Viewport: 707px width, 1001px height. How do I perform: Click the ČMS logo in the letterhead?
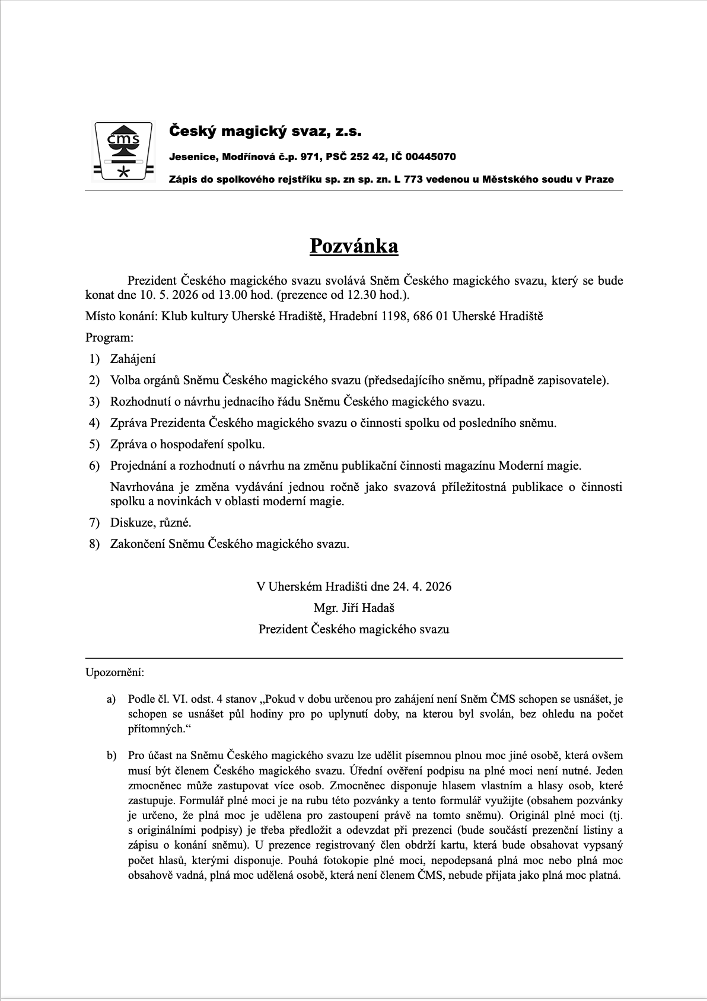(123, 151)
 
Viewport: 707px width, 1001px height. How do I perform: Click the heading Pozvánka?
(353, 246)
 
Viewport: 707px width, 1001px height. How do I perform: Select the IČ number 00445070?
(431, 157)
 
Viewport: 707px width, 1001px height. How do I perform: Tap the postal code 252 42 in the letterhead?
(368, 157)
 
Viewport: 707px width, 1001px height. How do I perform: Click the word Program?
(109, 337)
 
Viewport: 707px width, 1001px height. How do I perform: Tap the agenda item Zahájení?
(133, 359)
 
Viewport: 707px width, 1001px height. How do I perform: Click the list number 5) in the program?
(94, 444)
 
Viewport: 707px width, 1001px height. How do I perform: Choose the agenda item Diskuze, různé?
(151, 522)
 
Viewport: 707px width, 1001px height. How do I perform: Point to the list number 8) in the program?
(94, 544)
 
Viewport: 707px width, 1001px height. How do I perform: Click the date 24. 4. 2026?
(422, 586)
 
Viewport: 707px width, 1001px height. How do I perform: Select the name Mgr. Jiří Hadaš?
(353, 608)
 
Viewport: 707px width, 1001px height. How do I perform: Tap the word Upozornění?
(114, 672)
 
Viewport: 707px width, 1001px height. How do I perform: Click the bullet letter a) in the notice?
(111, 700)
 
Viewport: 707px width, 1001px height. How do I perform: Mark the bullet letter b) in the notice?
(112, 755)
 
